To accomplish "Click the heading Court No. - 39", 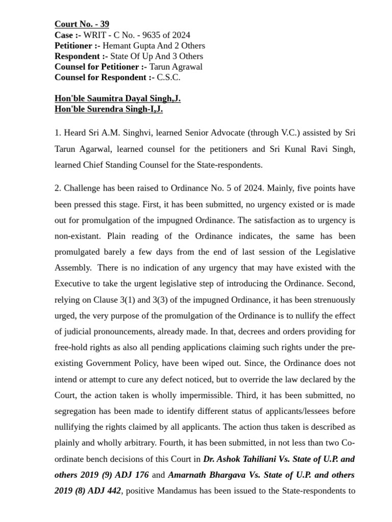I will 82,24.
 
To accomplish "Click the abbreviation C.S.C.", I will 169,77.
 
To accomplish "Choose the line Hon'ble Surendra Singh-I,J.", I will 109,109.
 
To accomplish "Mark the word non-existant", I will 77,237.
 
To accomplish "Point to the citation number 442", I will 113,491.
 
